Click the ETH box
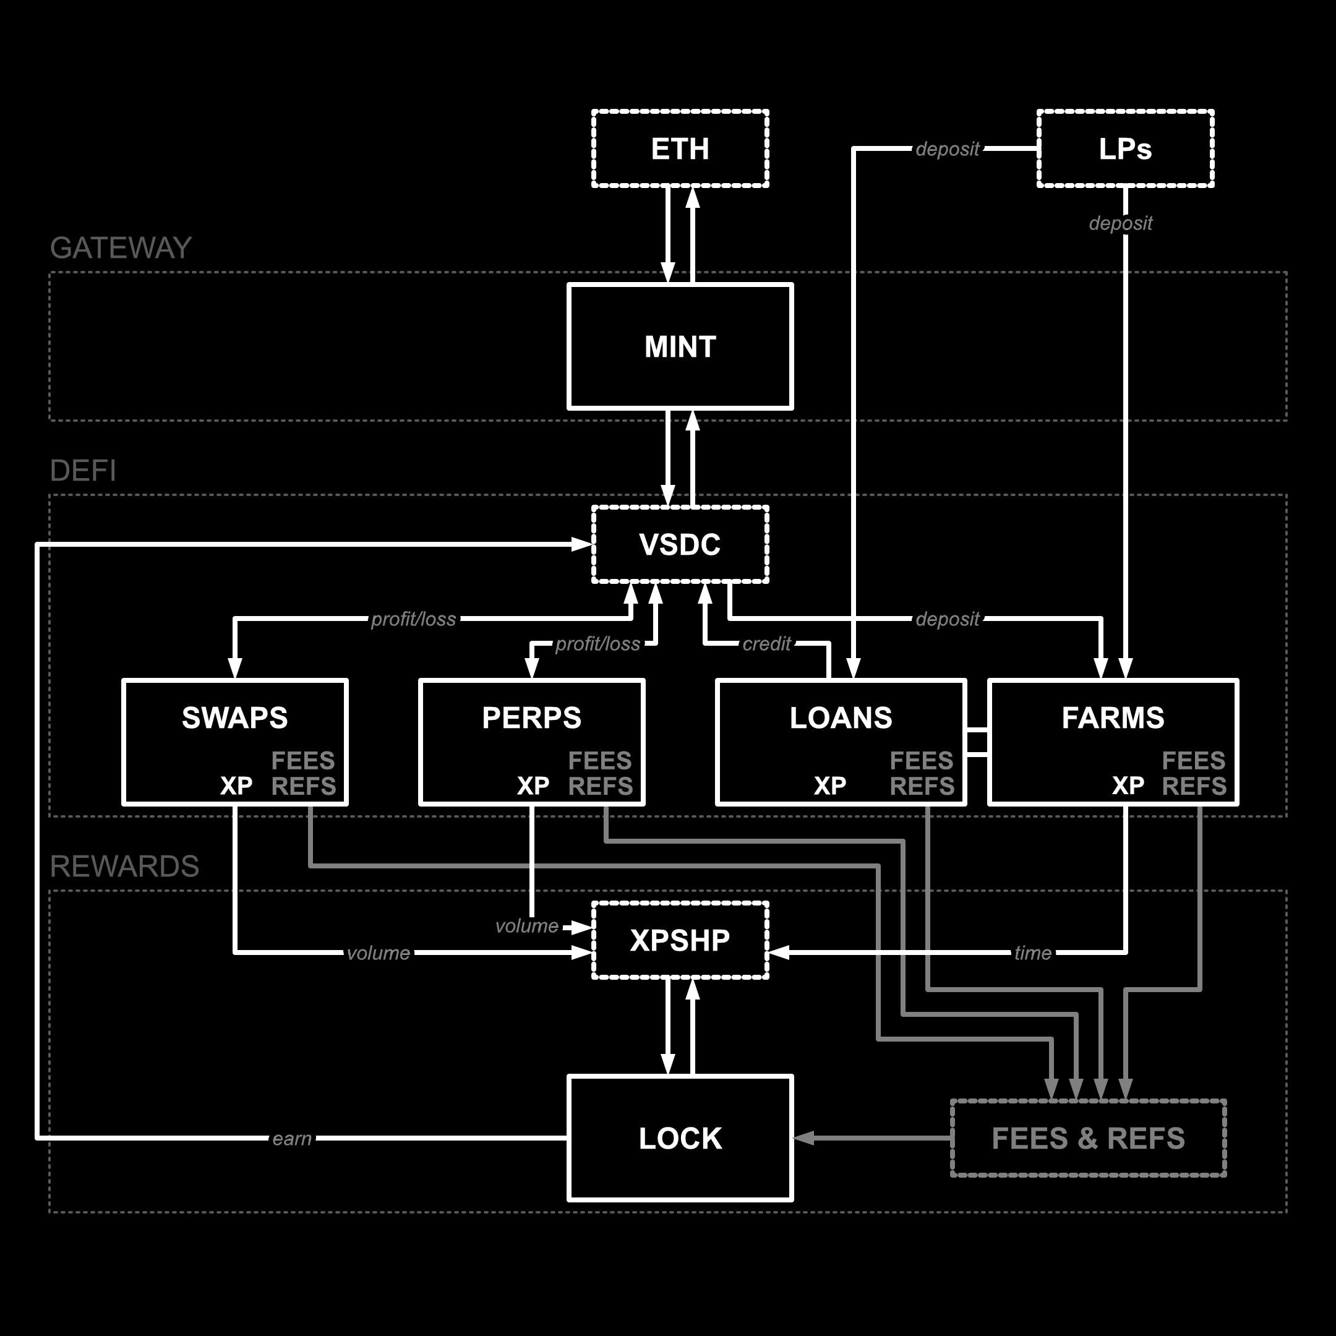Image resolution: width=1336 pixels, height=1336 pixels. coord(680,148)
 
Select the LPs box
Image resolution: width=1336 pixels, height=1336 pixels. coord(1125,148)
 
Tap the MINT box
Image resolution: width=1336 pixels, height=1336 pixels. coord(680,346)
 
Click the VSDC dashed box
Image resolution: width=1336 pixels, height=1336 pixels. coord(680,545)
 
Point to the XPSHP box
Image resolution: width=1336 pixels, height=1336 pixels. coord(680,940)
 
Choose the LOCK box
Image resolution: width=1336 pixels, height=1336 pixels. coord(680,1138)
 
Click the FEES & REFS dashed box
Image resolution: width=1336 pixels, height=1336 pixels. coord(1088,1138)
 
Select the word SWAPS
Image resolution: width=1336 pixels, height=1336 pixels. coord(234,717)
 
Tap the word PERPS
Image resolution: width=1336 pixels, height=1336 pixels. coord(532,717)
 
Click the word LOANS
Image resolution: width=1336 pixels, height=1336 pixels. coord(841,717)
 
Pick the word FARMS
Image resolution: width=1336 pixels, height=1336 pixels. coord(1113,717)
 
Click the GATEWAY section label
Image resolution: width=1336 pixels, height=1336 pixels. coord(121,248)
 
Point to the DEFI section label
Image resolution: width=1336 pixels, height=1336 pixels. coord(83,471)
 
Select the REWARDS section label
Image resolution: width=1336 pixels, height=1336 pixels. coord(124,867)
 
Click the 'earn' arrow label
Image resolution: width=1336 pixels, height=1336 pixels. coord(292,1138)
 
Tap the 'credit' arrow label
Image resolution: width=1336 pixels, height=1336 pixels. coord(766,644)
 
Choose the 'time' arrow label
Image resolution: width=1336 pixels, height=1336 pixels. coord(1032,953)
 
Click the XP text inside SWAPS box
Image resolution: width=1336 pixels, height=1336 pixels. coord(236,786)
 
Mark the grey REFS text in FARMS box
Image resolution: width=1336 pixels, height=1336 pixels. coord(1194,786)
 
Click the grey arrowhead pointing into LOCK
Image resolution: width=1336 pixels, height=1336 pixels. coord(803,1138)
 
